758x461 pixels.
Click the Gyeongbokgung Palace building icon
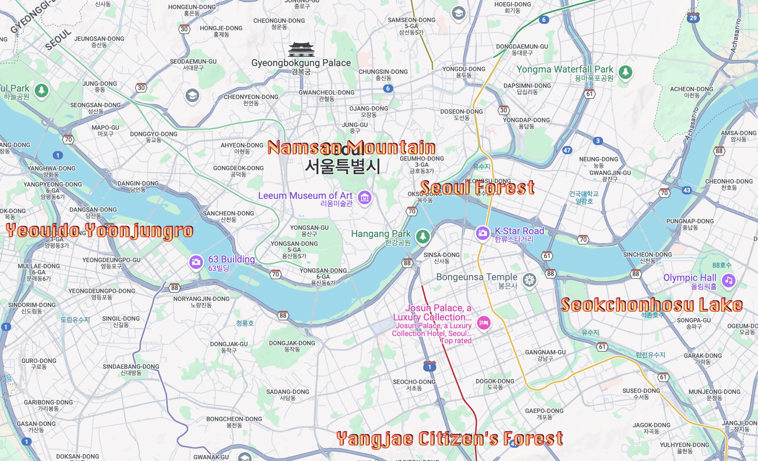(x=301, y=50)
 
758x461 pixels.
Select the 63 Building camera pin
(x=196, y=262)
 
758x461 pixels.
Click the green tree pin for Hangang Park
(x=423, y=236)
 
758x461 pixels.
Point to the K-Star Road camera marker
(x=482, y=233)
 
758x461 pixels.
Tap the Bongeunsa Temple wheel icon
(x=529, y=280)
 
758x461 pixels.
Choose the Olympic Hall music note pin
(x=728, y=280)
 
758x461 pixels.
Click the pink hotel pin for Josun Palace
(x=484, y=323)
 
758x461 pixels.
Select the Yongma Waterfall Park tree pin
(x=625, y=72)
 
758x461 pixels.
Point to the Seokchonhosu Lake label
(x=652, y=305)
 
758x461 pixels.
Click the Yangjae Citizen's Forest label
(x=450, y=438)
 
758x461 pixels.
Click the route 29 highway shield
(x=693, y=18)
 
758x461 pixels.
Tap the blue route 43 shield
(x=687, y=190)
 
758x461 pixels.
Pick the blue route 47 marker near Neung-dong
(x=567, y=150)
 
